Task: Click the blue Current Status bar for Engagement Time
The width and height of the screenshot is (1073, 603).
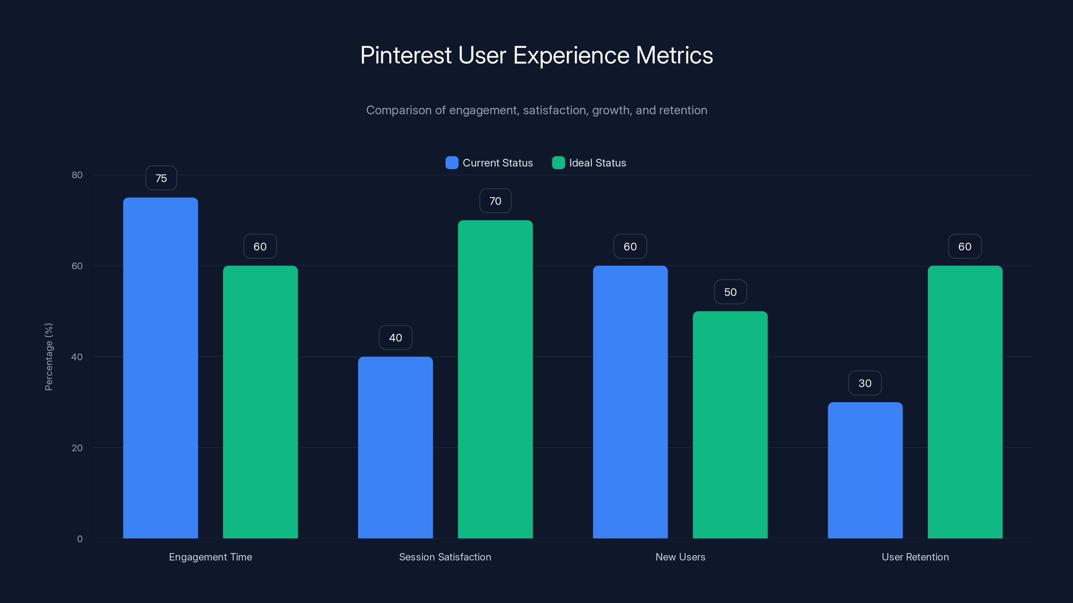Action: (x=160, y=368)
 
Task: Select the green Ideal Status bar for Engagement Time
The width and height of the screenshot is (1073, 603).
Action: (x=260, y=402)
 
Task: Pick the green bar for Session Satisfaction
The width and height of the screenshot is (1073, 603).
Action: (x=495, y=379)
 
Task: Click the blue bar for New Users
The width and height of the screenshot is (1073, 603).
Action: (x=630, y=402)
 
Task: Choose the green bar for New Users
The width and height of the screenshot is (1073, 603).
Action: (x=730, y=424)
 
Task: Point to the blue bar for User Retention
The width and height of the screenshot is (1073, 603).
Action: (x=865, y=470)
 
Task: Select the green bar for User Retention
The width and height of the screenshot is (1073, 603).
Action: (x=965, y=402)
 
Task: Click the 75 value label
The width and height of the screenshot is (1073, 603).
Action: (x=161, y=178)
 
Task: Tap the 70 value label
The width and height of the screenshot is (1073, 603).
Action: (x=495, y=201)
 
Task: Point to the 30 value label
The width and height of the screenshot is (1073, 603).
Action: (x=865, y=383)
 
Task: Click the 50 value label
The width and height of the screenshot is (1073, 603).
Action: (x=730, y=292)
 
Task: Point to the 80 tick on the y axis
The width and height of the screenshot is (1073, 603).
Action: (x=77, y=175)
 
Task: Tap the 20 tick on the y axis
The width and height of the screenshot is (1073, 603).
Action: (x=77, y=448)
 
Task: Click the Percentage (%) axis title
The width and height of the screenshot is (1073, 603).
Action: (x=49, y=357)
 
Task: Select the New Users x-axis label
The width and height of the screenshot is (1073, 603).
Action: (x=680, y=557)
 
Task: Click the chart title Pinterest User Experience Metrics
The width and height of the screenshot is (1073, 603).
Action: (x=536, y=55)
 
